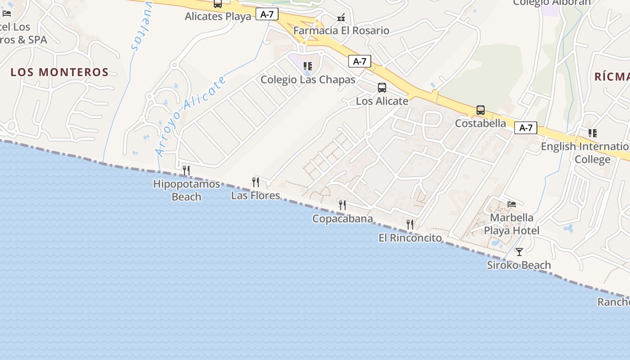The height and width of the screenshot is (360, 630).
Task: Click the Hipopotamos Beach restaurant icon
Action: pos(186,171)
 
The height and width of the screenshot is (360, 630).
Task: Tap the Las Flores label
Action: pos(255,195)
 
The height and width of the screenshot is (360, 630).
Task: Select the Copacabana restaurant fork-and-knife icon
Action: pos(342,205)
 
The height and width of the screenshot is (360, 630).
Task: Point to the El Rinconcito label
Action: pos(410,238)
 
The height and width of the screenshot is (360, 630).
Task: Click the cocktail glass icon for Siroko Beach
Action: pos(519,252)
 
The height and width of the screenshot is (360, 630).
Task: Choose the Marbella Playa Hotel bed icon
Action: pos(512,204)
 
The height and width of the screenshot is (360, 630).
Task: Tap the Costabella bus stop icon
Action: pos(481,110)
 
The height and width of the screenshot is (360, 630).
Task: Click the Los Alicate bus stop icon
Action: pos(382,88)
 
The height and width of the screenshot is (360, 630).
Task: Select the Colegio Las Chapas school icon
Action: pos(308,66)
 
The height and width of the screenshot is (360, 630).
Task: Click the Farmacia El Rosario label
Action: pos(341,31)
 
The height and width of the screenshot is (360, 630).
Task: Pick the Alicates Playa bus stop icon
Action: pos(218,4)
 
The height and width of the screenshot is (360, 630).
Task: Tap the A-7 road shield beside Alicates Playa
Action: pos(267,14)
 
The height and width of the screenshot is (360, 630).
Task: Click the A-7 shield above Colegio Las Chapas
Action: pos(360,61)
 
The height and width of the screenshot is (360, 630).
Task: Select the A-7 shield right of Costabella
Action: pos(526,128)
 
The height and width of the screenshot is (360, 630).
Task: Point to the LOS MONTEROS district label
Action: pos(59,72)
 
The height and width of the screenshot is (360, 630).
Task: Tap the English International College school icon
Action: pos(593,133)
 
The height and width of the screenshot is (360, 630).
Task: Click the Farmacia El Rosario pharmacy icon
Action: pos(342,18)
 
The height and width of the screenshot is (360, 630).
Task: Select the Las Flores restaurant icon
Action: pos(256,182)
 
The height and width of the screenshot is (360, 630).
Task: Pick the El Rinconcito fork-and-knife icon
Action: pos(410,224)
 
